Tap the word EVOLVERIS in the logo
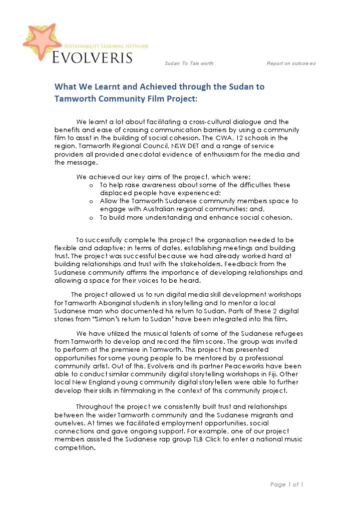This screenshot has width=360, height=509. point(93,56)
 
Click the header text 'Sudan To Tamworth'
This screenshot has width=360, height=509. point(189,64)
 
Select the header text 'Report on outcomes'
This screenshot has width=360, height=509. point(291,64)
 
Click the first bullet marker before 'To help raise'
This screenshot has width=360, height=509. point(91,185)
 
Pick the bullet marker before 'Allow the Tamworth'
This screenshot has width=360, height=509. point(91,201)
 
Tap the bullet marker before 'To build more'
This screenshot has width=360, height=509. point(91,218)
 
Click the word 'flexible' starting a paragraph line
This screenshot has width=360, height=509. point(66,248)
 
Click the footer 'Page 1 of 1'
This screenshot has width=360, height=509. point(287,484)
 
